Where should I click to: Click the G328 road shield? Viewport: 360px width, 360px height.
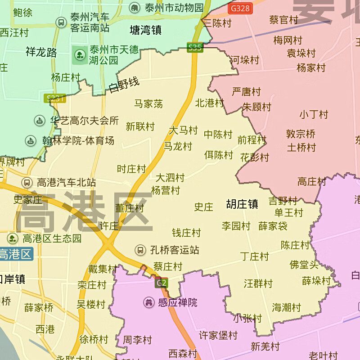[239, 8]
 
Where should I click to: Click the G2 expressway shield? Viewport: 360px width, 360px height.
[162, 283]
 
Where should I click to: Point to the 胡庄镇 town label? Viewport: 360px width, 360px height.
[242, 204]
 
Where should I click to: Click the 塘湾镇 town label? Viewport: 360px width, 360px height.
[145, 30]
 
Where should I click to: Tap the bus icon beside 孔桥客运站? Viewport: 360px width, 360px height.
[140, 250]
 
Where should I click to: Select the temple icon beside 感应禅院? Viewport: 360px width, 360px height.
[148, 302]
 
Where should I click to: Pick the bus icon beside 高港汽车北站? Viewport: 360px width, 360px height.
[27, 182]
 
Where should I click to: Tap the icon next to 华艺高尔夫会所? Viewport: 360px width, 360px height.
[40, 121]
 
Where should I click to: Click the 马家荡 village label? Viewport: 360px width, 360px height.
[148, 104]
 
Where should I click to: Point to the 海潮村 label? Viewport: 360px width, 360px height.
[286, 308]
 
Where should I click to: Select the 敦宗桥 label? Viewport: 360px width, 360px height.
[301, 134]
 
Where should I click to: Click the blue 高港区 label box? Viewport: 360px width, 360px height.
[16, 254]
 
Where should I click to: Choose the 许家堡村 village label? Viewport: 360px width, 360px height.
[218, 335]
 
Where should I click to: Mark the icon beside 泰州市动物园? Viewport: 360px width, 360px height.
[135, 8]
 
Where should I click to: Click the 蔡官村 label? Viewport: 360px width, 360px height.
[283, 20]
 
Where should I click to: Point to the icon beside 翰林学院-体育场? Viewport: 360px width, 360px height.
[31, 141]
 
